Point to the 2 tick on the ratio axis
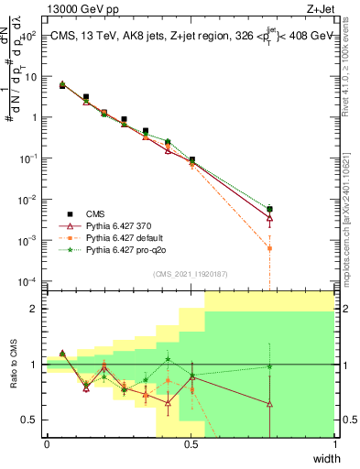35,309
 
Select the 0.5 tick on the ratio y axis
30,420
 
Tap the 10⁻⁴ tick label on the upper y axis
28,280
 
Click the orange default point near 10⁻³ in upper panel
269,248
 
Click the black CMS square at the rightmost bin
269,209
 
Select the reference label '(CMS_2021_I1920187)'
190,274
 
